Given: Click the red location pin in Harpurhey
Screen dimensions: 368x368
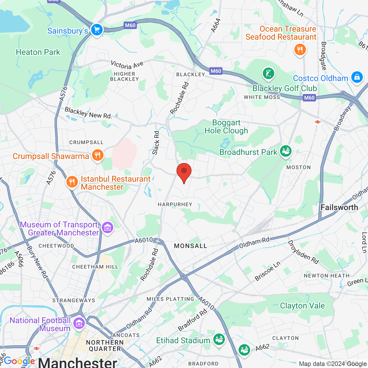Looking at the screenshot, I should (x=184, y=171).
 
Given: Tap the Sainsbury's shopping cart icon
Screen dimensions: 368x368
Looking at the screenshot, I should (x=97, y=30).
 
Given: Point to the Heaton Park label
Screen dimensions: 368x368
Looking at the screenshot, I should (x=38, y=52).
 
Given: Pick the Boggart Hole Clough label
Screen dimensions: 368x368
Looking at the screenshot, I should (x=226, y=126).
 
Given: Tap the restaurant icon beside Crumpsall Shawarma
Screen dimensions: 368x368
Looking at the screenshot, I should (x=98, y=155).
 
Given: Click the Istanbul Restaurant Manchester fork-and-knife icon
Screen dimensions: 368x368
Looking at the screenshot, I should (x=72, y=182).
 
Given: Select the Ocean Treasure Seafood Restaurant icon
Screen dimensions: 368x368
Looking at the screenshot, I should (x=300, y=50).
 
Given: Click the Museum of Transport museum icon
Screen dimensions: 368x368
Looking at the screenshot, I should (x=108, y=228).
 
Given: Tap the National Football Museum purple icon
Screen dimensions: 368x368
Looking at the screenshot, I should (x=79, y=323).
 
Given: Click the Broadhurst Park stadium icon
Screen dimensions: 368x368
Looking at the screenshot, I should (x=285, y=151).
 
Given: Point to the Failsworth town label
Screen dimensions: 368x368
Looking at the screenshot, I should (x=339, y=207).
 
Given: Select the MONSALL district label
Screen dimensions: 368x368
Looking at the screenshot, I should (x=191, y=246).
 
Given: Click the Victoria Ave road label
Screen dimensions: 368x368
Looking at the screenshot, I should (x=127, y=65).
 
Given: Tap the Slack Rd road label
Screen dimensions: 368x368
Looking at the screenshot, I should (x=156, y=143).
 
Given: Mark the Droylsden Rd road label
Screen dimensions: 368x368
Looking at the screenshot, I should (x=303, y=252).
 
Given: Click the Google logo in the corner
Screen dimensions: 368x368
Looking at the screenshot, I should (x=19, y=361).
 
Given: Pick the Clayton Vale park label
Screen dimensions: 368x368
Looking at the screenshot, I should (x=302, y=306).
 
